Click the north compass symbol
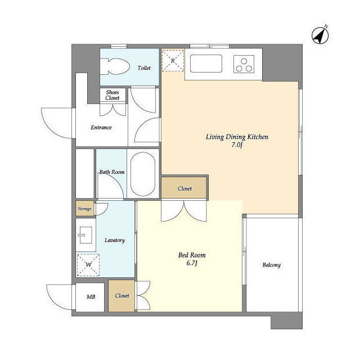click(320, 35)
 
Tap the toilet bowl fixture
click(115, 66)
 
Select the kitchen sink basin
click(206, 64)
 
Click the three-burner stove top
click(244, 64)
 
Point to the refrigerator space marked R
click(173, 61)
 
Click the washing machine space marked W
click(88, 265)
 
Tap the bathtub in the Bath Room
click(143, 174)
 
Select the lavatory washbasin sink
click(85, 235)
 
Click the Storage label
click(84, 209)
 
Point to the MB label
click(91, 296)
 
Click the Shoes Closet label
click(112, 95)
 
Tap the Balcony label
click(272, 265)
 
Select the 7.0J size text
click(237, 145)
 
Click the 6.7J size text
click(192, 263)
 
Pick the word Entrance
click(101, 128)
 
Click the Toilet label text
click(144, 67)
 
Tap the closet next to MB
click(121, 295)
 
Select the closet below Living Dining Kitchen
click(184, 187)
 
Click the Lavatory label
click(115, 240)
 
